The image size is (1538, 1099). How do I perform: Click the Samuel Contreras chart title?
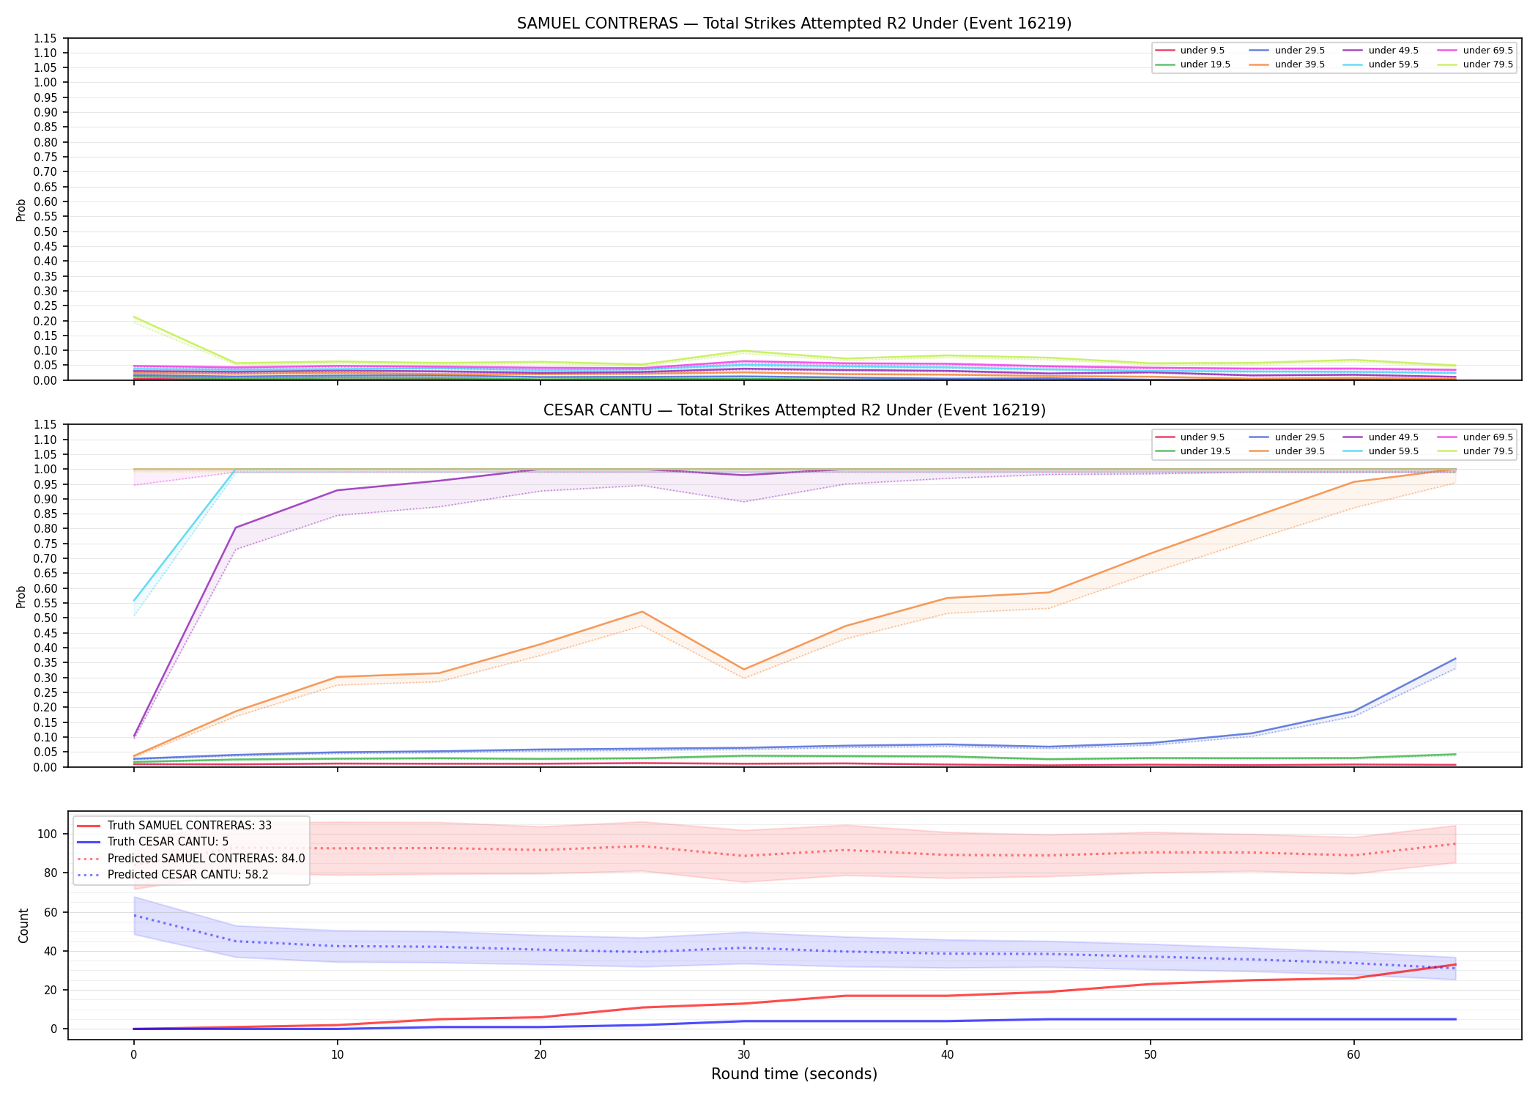pyautogui.click(x=794, y=23)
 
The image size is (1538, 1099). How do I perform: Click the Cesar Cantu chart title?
pyautogui.click(x=794, y=410)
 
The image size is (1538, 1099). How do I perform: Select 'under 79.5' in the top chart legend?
pyautogui.click(x=1488, y=64)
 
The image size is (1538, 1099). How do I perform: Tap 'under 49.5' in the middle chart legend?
pyautogui.click(x=1394, y=437)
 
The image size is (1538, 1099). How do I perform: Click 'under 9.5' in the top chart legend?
pyautogui.click(x=1203, y=51)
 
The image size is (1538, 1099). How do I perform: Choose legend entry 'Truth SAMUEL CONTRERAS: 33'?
pyautogui.click(x=190, y=826)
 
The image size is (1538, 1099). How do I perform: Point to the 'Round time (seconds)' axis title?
pyautogui.click(x=794, y=1075)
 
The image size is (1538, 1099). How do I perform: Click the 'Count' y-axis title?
pyautogui.click(x=24, y=925)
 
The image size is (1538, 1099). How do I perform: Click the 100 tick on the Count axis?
pyautogui.click(x=51, y=834)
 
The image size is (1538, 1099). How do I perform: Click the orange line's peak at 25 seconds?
pyautogui.click(x=642, y=612)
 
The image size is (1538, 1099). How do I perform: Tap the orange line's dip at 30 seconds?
pyautogui.click(x=744, y=670)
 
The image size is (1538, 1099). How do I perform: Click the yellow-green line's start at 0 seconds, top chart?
pyautogui.click(x=134, y=317)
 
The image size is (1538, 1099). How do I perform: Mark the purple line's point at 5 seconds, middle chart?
pyautogui.click(x=236, y=528)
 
